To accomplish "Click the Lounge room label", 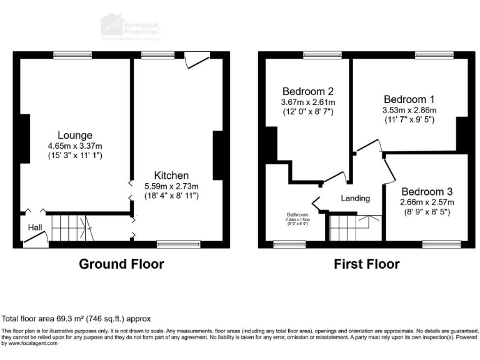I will [75, 135].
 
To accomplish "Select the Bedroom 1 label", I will [409, 99].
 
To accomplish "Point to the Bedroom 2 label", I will [307, 91].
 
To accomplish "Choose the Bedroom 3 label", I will [427, 191].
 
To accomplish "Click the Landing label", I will [355, 198].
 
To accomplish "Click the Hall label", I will [34, 227].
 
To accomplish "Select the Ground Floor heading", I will [121, 264].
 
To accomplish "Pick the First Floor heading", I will [366, 264].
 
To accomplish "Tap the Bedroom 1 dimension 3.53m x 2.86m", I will [409, 111].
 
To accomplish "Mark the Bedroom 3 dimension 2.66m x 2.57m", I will [427, 202].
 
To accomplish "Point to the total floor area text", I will [76, 318].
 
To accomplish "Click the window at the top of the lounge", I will [72, 54].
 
